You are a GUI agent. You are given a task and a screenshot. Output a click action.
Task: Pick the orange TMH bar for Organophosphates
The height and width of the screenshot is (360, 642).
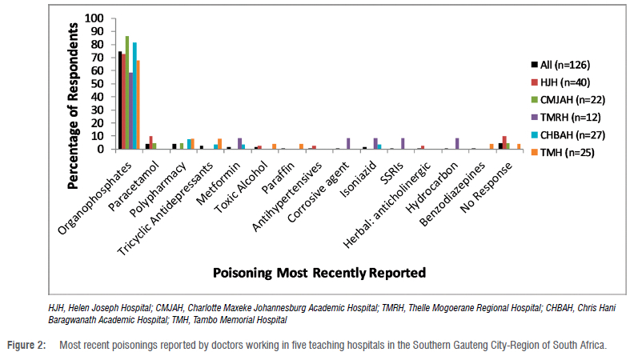coord(138,105)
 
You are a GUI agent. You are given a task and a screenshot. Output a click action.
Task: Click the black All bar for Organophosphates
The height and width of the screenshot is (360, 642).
coord(120,101)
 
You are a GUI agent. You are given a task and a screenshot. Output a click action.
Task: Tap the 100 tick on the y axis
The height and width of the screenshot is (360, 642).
coord(94,18)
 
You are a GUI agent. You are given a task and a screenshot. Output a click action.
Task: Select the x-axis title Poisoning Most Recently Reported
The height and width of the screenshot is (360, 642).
coord(319,273)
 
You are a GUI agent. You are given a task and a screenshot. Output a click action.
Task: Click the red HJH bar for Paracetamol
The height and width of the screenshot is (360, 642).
coord(150,142)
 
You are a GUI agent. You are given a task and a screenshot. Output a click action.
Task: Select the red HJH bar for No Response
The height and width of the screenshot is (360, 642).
coord(504,142)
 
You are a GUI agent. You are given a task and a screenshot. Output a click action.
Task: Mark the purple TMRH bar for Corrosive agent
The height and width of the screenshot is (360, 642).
coord(347,144)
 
